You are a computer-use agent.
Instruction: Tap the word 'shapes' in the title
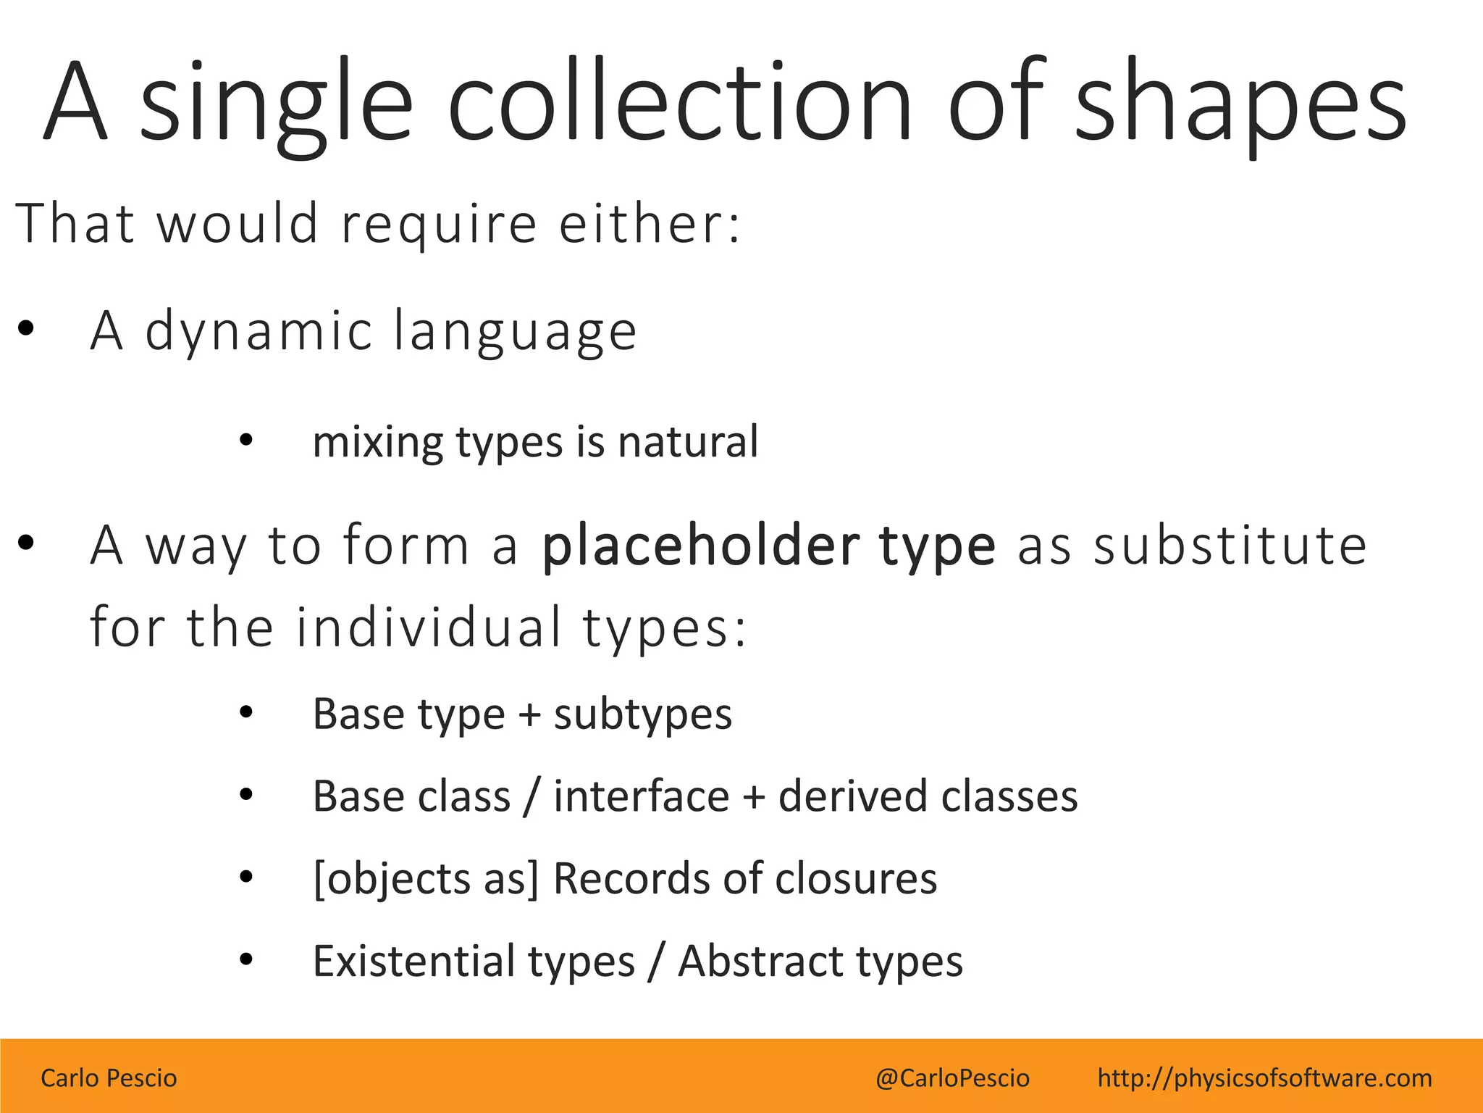click(1240, 105)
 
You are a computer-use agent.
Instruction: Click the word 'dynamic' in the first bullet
click(259, 332)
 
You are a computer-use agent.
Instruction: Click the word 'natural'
click(688, 442)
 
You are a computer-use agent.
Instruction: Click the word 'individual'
click(429, 627)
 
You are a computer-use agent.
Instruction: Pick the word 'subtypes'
click(643, 715)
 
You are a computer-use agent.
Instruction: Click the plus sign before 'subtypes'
click(529, 716)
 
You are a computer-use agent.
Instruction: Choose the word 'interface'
click(642, 796)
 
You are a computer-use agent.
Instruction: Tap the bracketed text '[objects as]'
click(426, 879)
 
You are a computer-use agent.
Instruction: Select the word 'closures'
click(856, 879)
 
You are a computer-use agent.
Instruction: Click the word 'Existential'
click(413, 962)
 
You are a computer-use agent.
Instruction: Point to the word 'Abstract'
click(761, 962)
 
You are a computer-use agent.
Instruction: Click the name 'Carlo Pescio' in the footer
click(109, 1078)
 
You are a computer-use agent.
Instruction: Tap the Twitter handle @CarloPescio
click(952, 1078)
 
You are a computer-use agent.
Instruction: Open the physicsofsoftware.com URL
click(1264, 1078)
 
